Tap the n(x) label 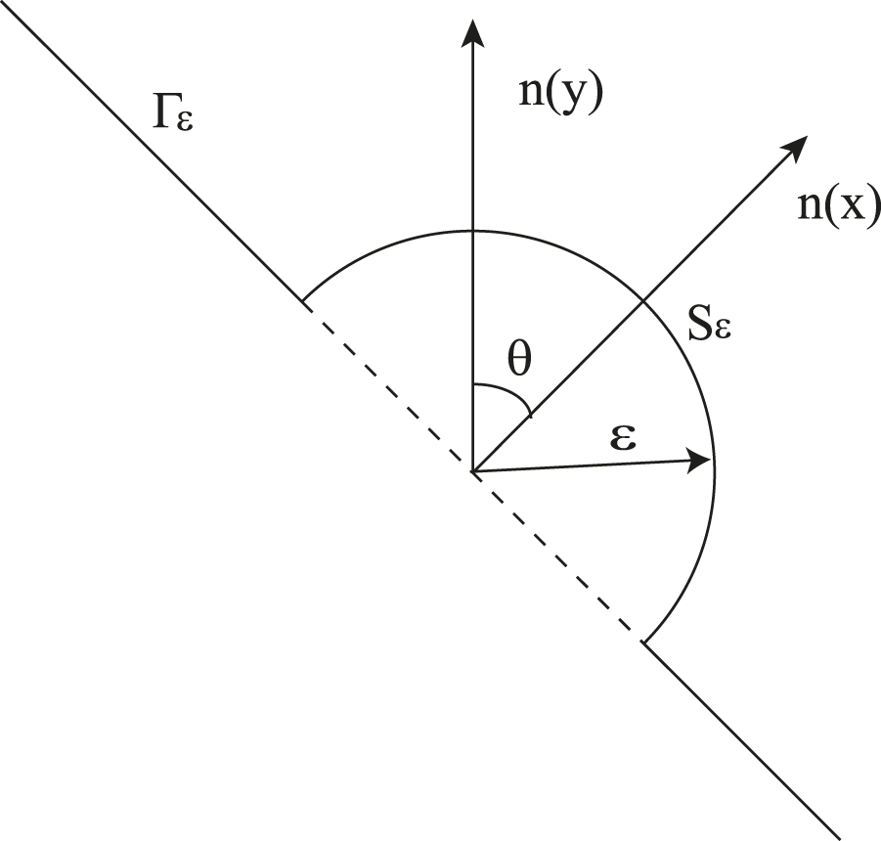839,208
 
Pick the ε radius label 622,437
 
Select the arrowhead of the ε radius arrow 701,461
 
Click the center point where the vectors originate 473,472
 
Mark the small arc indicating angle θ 508,393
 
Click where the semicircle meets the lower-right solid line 643,642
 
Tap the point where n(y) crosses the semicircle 473,231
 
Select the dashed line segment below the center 557,556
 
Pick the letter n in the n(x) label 809,213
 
